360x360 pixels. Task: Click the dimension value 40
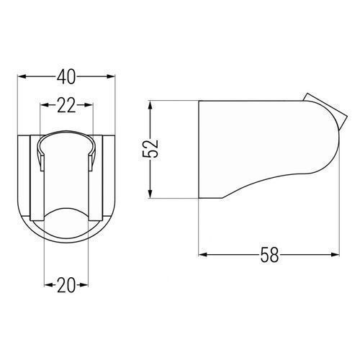(66, 77)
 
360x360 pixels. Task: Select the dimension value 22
(66, 105)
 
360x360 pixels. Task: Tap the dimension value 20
(66, 285)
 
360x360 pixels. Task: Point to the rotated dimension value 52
(150, 148)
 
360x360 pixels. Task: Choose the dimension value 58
(269, 255)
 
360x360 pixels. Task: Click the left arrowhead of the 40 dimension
(22, 76)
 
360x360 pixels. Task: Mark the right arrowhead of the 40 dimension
(111, 76)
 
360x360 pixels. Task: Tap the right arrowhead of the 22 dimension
(88, 105)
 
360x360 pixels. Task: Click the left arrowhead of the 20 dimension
(49, 285)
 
